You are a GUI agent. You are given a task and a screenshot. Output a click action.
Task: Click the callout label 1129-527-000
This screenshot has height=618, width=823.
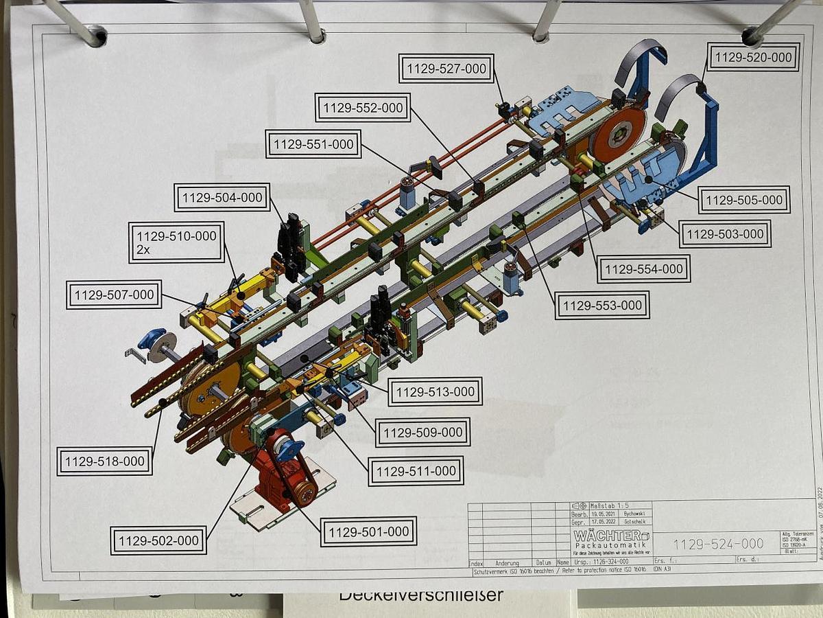click(x=446, y=69)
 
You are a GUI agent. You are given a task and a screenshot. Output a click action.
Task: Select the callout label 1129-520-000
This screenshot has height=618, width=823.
click(x=752, y=58)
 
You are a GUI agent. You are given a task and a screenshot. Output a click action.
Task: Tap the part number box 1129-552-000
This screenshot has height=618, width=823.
click(x=363, y=108)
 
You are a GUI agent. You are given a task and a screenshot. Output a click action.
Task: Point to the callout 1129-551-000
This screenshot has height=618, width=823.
click(x=313, y=144)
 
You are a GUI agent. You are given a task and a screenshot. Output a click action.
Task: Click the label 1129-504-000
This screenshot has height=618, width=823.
click(x=222, y=198)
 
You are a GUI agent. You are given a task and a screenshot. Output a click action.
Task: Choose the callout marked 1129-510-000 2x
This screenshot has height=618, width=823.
click(x=176, y=242)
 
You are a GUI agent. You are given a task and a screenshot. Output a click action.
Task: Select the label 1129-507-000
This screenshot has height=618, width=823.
click(x=115, y=295)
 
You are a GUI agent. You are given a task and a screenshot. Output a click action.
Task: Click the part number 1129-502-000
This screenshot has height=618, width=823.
click(x=158, y=540)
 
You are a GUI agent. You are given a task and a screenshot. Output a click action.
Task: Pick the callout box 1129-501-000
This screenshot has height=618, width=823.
click(x=368, y=531)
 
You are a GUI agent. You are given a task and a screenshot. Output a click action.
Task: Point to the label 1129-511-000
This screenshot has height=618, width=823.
click(x=416, y=471)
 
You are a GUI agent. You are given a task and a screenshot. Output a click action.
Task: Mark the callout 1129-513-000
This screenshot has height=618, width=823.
click(x=435, y=392)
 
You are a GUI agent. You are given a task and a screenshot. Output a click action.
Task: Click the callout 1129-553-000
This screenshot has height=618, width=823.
click(x=602, y=305)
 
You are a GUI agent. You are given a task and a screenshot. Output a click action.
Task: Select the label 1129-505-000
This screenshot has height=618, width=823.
click(x=744, y=200)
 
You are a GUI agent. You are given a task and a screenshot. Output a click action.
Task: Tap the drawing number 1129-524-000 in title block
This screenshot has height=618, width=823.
click(x=718, y=544)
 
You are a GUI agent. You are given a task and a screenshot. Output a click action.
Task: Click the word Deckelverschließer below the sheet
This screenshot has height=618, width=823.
click(x=421, y=595)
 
